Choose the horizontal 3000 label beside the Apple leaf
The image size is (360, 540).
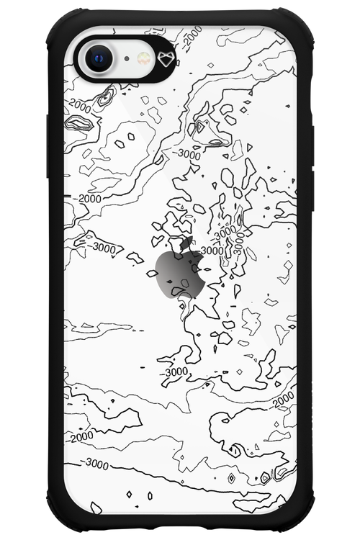(x=211, y=251)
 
